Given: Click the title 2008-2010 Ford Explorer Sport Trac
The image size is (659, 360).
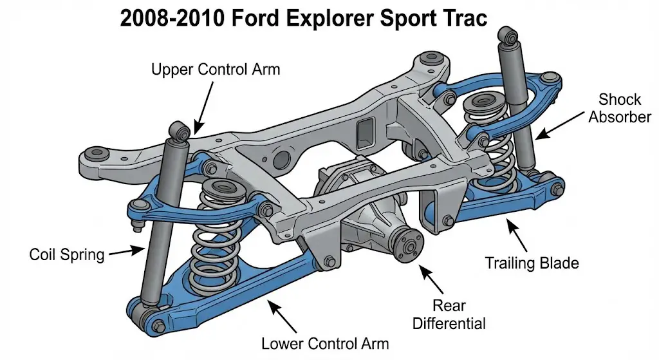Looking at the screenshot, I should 303,19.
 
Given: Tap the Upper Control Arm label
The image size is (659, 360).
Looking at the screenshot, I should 216,68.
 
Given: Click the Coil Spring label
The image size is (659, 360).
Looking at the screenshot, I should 67,254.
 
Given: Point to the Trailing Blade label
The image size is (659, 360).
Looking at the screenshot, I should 532,263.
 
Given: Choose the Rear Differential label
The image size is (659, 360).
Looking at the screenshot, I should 448,314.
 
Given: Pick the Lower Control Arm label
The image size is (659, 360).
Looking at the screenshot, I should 325,343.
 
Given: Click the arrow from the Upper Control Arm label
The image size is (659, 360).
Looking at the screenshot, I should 201,106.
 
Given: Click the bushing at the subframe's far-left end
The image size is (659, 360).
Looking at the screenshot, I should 97,155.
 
